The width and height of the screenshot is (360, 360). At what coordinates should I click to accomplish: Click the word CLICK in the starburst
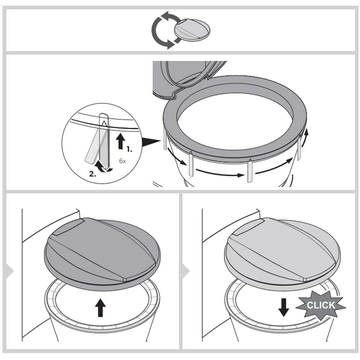(320, 305)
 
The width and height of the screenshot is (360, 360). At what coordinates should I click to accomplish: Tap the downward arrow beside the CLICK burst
(284, 306)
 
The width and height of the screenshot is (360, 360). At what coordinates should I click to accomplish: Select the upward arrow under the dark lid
(101, 308)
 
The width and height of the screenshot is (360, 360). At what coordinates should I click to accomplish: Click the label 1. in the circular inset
(129, 148)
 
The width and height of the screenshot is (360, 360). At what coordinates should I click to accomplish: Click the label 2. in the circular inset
(93, 174)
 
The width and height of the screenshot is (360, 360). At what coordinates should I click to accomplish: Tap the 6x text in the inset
(123, 161)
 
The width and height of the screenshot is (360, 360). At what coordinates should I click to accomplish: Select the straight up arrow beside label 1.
(121, 141)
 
